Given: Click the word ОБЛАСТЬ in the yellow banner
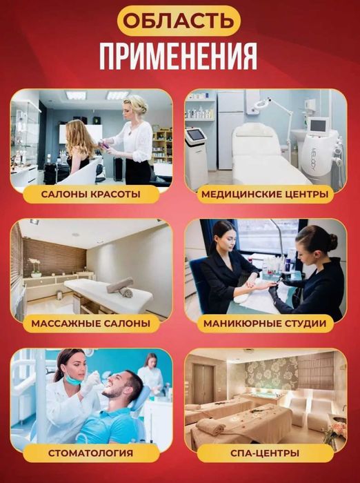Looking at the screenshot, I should coord(179,21).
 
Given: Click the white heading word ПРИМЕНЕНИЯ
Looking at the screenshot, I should coord(179,56).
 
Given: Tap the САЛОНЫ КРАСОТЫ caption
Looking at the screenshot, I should coord(91,194).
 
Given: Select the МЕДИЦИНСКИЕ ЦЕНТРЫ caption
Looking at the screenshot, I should coord(265,194).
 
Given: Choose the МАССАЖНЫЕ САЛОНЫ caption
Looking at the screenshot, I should coord(90,323).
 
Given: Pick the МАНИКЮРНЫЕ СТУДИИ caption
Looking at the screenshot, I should coord(265,323).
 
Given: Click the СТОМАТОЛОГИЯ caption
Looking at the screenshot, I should coord(91,453).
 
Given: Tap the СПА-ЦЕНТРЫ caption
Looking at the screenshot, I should coord(266,453).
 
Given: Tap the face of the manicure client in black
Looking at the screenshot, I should coord(225,237).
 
